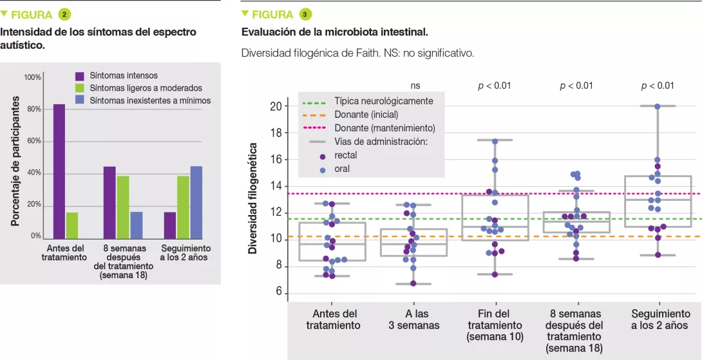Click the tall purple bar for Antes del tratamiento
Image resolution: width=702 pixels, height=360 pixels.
coord(59,171)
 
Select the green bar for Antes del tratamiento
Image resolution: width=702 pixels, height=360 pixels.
coord(71,225)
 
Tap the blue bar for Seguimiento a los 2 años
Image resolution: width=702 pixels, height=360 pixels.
coord(196,202)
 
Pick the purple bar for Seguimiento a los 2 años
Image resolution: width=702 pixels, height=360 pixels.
coord(170,225)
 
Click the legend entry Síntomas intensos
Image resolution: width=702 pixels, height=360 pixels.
coord(123,76)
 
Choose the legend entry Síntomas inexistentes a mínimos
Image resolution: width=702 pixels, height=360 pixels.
coord(149,100)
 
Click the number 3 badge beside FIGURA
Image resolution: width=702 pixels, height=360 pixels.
coord(305,14)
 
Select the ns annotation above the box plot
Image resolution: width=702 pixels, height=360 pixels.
coord(415,85)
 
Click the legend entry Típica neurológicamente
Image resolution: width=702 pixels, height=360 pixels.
coord(384,102)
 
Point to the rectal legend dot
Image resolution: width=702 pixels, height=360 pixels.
coord(323,156)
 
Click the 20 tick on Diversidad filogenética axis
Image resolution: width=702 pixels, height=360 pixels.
coord(276,106)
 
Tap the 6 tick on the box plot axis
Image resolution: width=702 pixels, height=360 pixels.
coord(279,292)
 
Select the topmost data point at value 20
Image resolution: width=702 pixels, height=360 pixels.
coord(658,106)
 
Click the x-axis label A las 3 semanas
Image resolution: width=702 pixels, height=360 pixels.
coord(414,319)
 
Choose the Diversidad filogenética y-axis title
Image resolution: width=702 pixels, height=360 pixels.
coord(253,198)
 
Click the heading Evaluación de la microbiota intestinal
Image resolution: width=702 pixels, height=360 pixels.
coord(334,32)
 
